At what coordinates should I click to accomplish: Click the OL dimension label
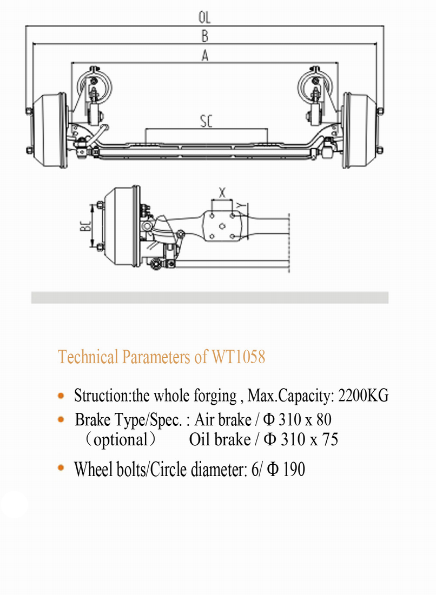click(x=204, y=17)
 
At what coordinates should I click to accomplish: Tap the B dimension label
click(x=204, y=36)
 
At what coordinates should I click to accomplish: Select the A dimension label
click(x=205, y=56)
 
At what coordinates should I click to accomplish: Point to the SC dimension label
click(x=206, y=122)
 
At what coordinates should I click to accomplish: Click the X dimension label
click(x=222, y=192)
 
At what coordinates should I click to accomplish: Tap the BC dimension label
click(x=85, y=226)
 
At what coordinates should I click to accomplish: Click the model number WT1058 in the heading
click(x=239, y=357)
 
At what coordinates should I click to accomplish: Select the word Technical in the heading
click(x=88, y=357)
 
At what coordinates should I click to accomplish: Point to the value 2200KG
click(x=364, y=396)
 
